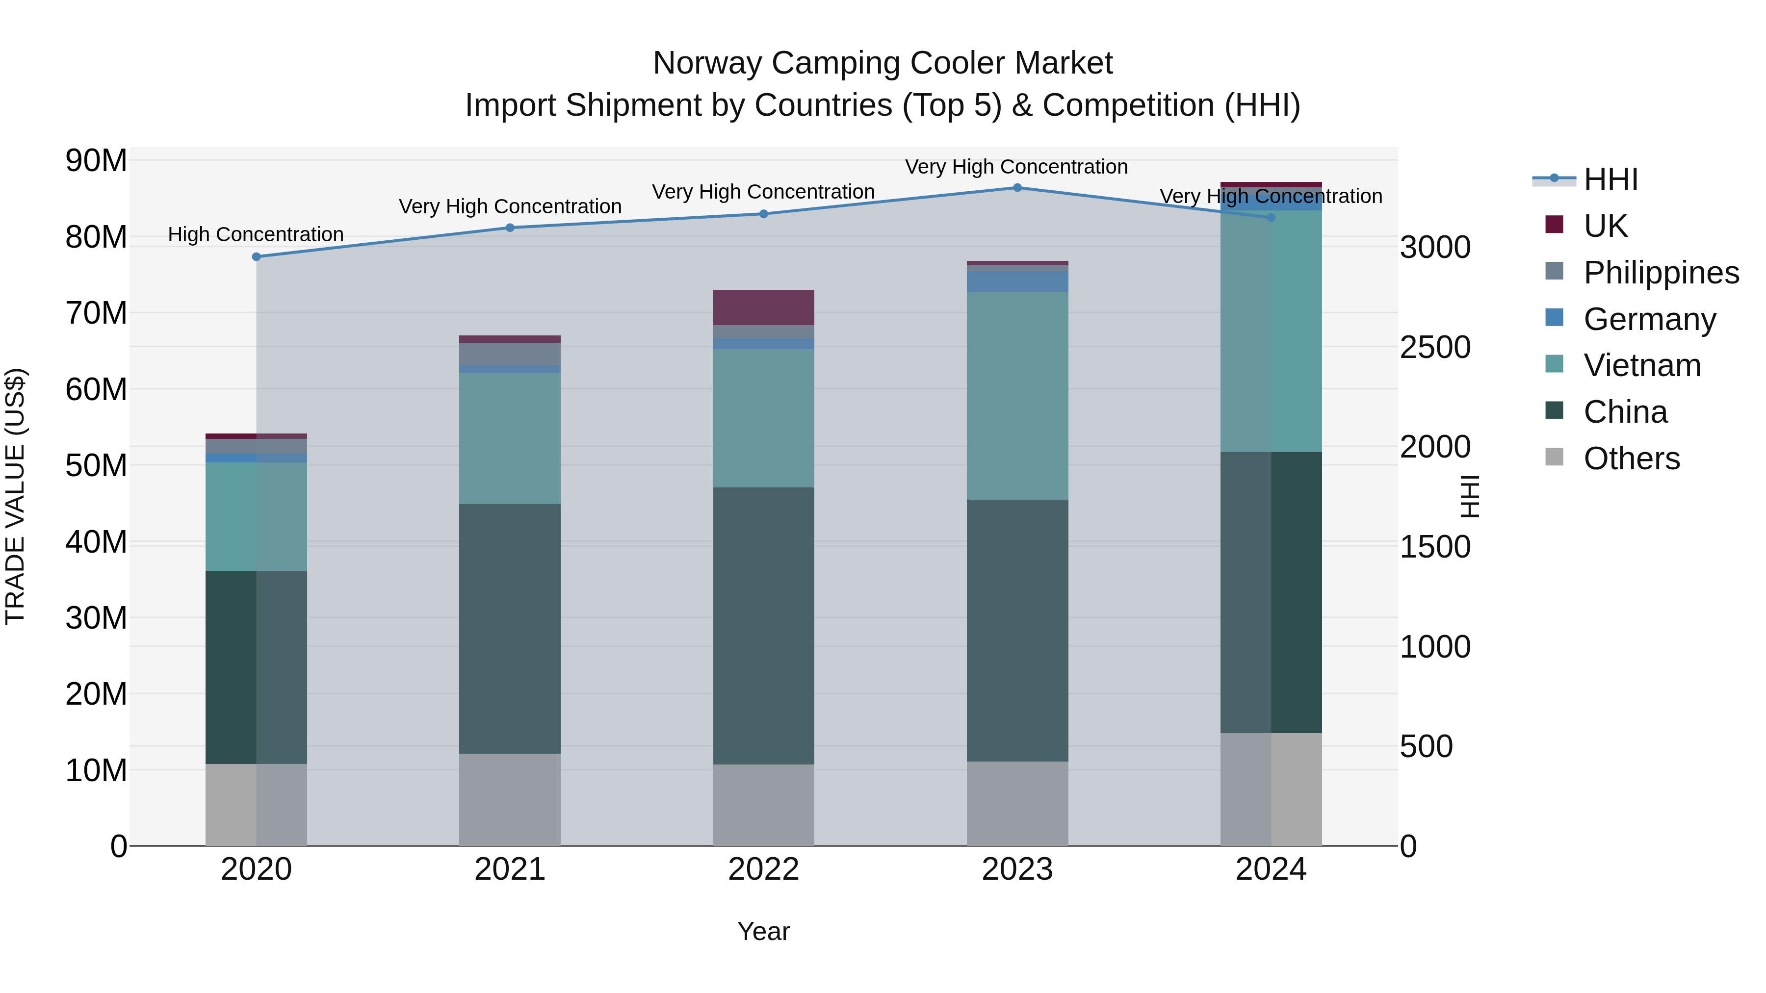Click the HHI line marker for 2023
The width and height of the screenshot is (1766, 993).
(x=1017, y=188)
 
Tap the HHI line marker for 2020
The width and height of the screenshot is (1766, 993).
(x=257, y=257)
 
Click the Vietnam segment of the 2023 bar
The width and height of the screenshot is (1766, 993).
(x=1017, y=395)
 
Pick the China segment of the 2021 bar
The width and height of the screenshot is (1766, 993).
(x=509, y=629)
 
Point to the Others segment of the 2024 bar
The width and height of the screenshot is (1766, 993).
(x=1271, y=789)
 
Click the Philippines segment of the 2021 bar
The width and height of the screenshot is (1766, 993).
(x=509, y=353)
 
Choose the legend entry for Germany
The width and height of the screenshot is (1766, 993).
(x=1649, y=319)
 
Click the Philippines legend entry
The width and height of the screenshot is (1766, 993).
(x=1661, y=273)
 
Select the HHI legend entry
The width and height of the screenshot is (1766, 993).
(x=1610, y=179)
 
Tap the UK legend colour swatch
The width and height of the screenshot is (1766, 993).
(x=1554, y=225)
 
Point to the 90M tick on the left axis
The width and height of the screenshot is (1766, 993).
(x=96, y=161)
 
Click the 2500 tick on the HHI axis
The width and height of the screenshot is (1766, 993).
(x=1435, y=348)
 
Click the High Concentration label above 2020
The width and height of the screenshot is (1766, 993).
(x=256, y=234)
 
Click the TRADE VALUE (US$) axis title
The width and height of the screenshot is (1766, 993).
(x=15, y=496)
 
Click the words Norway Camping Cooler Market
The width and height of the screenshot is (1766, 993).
(x=883, y=63)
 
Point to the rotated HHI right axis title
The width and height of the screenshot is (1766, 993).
(x=1470, y=496)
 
